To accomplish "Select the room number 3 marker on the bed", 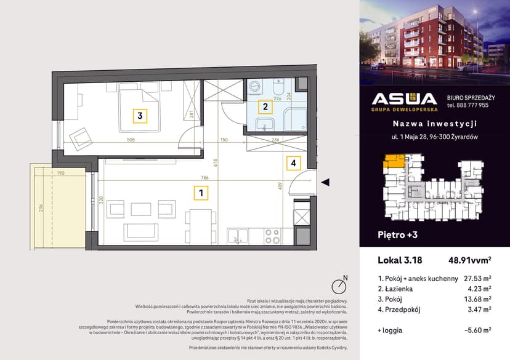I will [140, 115].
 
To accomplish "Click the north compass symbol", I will [338, 286].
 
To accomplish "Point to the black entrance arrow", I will [326, 182].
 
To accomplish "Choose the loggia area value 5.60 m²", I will [477, 330].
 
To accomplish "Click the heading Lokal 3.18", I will [399, 260].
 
